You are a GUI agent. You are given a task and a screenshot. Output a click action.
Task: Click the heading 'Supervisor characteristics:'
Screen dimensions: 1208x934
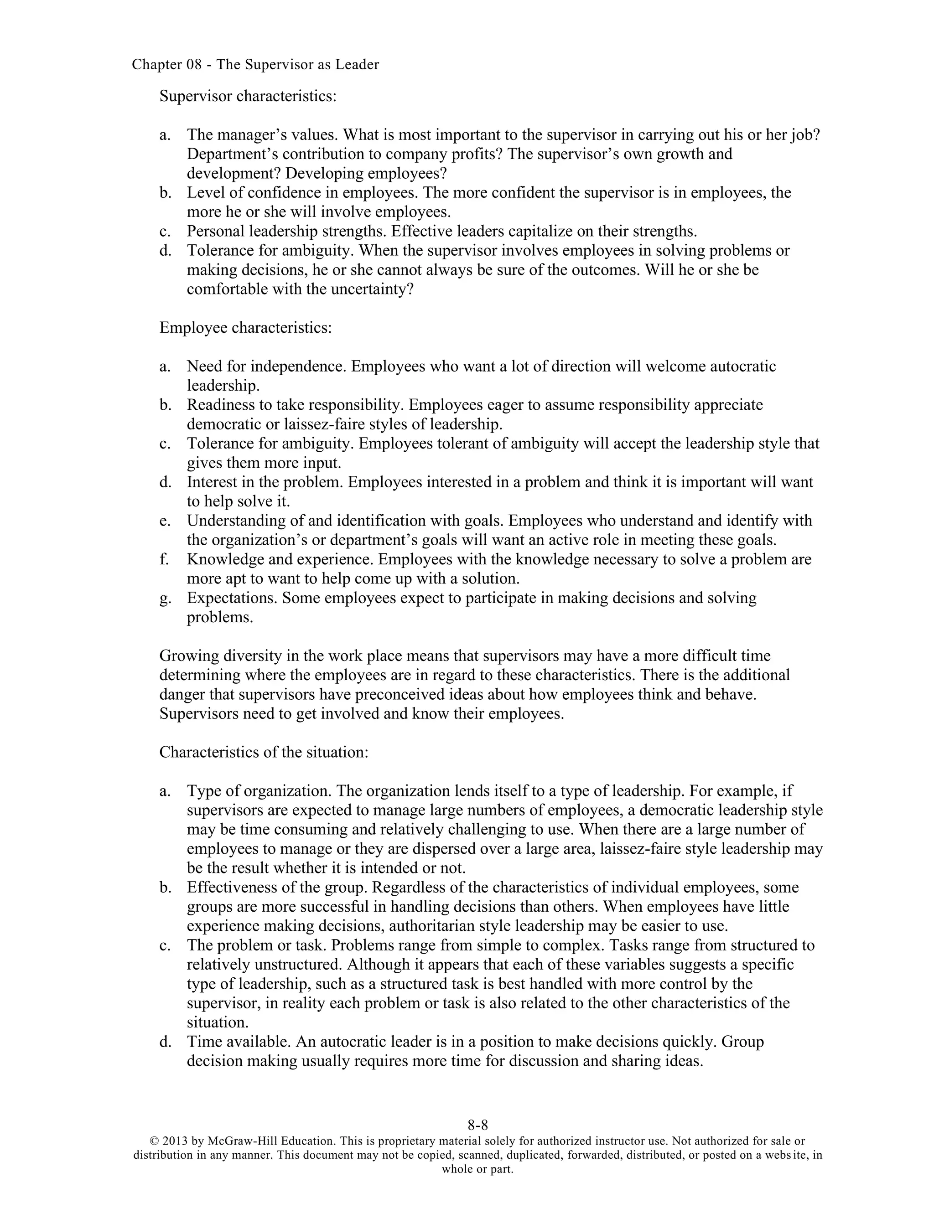coord(248,96)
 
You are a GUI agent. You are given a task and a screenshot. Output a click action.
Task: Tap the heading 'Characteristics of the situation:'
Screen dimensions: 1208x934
coord(264,752)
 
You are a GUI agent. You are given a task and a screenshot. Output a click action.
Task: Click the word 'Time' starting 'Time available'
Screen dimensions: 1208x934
coord(202,1042)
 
